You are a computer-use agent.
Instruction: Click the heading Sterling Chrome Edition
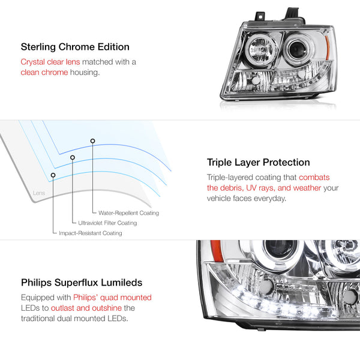(x=75, y=47)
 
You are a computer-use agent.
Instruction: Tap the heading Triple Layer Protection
(x=258, y=163)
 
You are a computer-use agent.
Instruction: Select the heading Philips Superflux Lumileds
(x=82, y=283)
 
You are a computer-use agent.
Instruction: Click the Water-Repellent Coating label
(x=128, y=213)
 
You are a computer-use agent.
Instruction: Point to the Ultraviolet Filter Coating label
(x=107, y=223)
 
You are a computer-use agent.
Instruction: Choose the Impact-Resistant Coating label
(x=91, y=233)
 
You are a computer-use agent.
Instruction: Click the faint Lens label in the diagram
(x=39, y=193)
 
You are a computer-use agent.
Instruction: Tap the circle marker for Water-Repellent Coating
(x=92, y=141)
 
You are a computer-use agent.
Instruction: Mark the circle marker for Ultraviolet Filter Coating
(x=73, y=157)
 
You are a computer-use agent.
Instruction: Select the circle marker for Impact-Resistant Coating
(x=53, y=175)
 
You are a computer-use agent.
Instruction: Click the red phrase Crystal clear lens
(x=50, y=62)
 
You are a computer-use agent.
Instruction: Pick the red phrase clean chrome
(x=44, y=73)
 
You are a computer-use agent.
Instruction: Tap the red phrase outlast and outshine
(x=86, y=308)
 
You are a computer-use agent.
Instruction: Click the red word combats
(x=314, y=177)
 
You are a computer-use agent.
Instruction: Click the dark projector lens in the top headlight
(x=297, y=49)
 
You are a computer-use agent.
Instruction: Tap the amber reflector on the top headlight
(x=328, y=48)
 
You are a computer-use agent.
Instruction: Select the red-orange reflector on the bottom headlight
(x=216, y=251)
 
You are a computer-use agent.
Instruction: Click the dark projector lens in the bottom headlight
(x=280, y=248)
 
